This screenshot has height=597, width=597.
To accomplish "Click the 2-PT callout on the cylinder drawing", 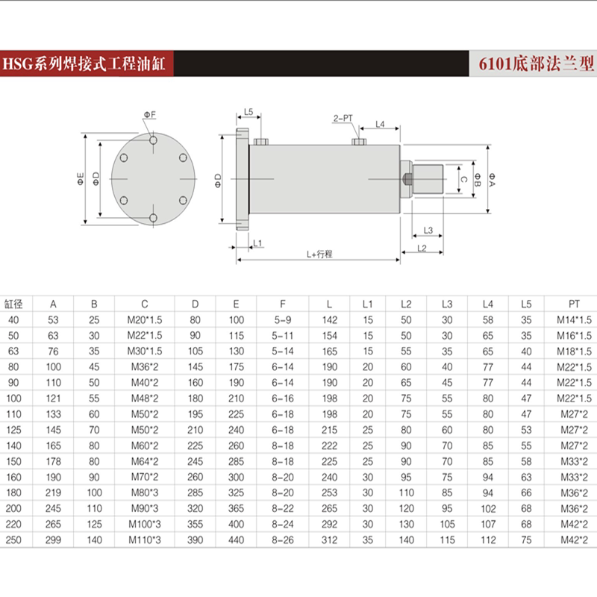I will (x=343, y=119).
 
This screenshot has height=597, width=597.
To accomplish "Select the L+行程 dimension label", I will (x=319, y=254).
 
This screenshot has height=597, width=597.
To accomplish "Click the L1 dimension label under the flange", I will (x=257, y=243).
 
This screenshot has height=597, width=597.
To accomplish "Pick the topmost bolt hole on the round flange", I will (x=152, y=140).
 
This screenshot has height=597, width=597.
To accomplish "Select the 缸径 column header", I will (x=14, y=304).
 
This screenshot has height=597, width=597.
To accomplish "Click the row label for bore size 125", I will (x=14, y=430).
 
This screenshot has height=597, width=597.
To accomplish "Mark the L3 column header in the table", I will (x=447, y=304).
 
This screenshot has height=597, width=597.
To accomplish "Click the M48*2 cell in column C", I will (x=144, y=398).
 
